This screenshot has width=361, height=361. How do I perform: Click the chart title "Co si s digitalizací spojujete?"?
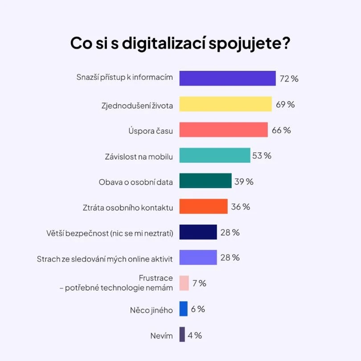pos(180,44)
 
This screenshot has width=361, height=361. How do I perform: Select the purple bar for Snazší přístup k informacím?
pos(227,78)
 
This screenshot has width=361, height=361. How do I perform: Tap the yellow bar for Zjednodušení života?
pos(226,104)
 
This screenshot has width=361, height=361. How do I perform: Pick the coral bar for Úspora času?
pos(223,130)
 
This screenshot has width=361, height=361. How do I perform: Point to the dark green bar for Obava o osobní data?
pos(205,181)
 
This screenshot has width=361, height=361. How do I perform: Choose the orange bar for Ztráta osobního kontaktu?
pos(203,206)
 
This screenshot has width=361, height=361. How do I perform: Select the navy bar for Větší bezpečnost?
pos(198,232)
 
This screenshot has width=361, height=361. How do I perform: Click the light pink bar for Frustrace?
pos(184,283)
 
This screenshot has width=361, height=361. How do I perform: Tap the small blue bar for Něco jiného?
pos(183,309)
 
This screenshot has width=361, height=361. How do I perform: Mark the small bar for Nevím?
pos(182,334)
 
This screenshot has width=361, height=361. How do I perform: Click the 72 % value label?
pos(289,78)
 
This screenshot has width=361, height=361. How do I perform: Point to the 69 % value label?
pos(285,104)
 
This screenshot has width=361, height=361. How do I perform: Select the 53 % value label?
pos(262,156)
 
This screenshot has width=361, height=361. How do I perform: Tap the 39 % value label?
pos(244,181)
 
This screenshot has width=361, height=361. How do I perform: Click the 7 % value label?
pos(199,283)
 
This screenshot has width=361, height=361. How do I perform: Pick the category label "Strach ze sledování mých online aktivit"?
pos(105,258)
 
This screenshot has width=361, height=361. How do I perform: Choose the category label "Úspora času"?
pos(151,131)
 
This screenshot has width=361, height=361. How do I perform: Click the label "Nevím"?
pos(161,336)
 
